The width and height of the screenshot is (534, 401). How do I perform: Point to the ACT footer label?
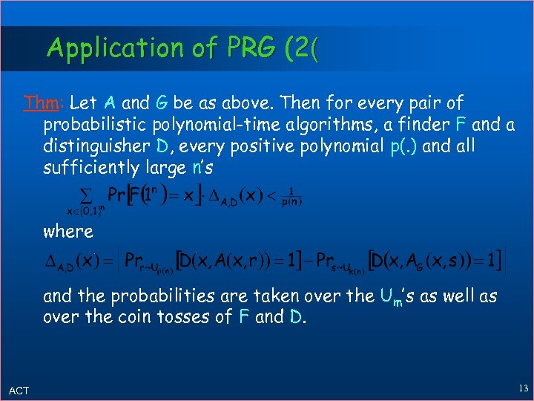[x=19, y=391]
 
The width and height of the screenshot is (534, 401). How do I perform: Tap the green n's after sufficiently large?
[x=200, y=168]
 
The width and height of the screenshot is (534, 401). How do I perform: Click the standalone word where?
[x=68, y=231]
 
